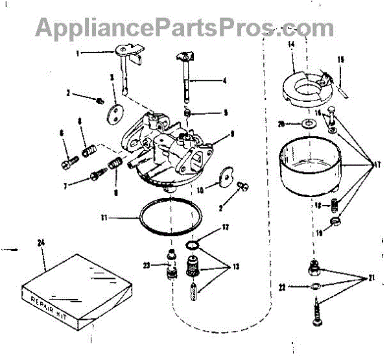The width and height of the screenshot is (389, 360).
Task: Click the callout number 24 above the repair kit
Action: pos(41,244)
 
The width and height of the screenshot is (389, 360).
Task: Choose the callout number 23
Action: pos(147,265)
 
